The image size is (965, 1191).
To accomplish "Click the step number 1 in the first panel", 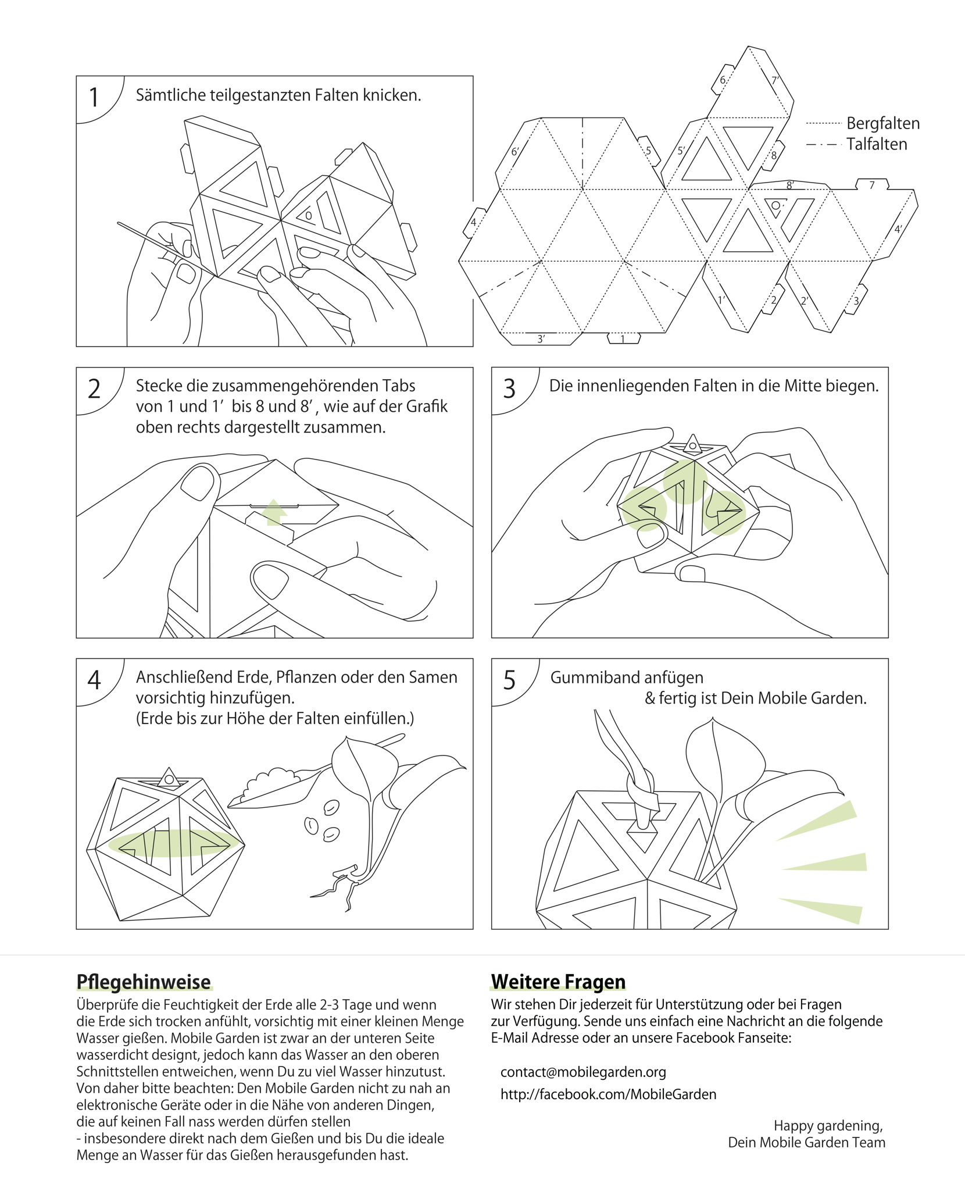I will (x=94, y=98).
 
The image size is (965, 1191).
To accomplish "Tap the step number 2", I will (x=94, y=389).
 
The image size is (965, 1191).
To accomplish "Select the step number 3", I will (x=509, y=389).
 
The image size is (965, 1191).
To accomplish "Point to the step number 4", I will (x=94, y=680).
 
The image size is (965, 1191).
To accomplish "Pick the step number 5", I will (x=509, y=680).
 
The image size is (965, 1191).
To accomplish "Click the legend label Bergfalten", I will (x=882, y=123).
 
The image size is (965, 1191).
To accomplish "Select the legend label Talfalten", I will (x=876, y=144).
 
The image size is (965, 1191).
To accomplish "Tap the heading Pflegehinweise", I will (x=144, y=982).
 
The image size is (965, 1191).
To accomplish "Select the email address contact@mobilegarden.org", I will (x=583, y=1072).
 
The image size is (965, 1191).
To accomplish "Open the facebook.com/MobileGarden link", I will (x=608, y=1094).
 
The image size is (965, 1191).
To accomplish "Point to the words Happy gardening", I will (x=828, y=1126).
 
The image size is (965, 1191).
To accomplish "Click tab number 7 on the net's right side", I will (x=871, y=186).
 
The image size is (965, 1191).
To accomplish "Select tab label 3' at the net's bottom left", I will (x=541, y=339).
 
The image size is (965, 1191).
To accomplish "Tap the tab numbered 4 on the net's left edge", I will (x=474, y=223).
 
